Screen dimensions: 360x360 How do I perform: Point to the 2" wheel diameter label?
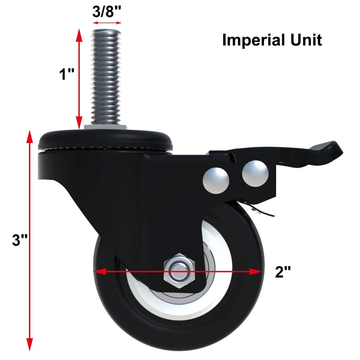(283, 272)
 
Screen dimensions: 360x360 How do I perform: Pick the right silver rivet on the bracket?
(255, 173)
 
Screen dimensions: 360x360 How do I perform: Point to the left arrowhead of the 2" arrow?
(98, 271)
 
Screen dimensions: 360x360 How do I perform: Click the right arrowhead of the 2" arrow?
(258, 271)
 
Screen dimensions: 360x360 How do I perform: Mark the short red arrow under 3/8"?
(107, 23)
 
